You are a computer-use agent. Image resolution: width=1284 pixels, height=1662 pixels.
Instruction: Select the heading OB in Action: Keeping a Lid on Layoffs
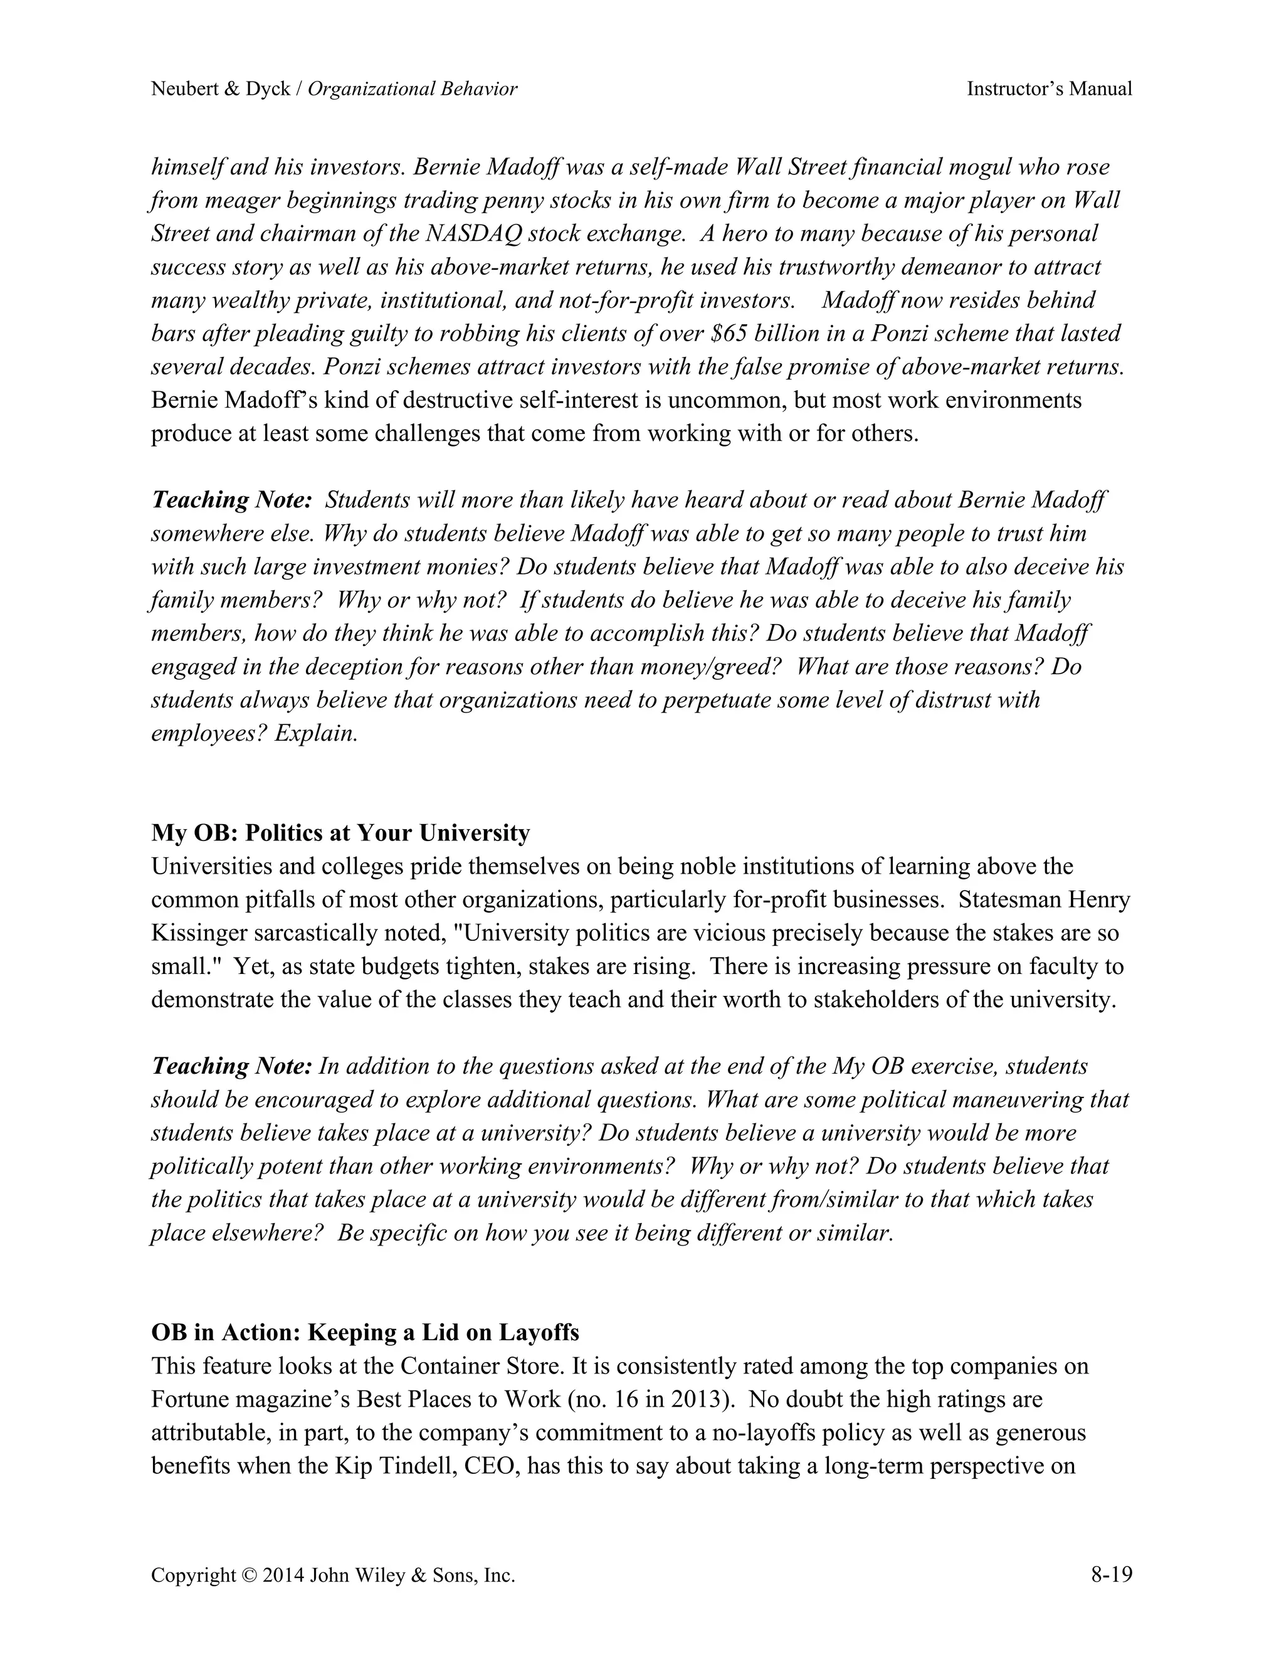365,1333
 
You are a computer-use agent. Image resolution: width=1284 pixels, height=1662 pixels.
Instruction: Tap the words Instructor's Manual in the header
1049,89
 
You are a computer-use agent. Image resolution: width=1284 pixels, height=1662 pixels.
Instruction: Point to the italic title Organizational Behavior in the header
413,89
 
